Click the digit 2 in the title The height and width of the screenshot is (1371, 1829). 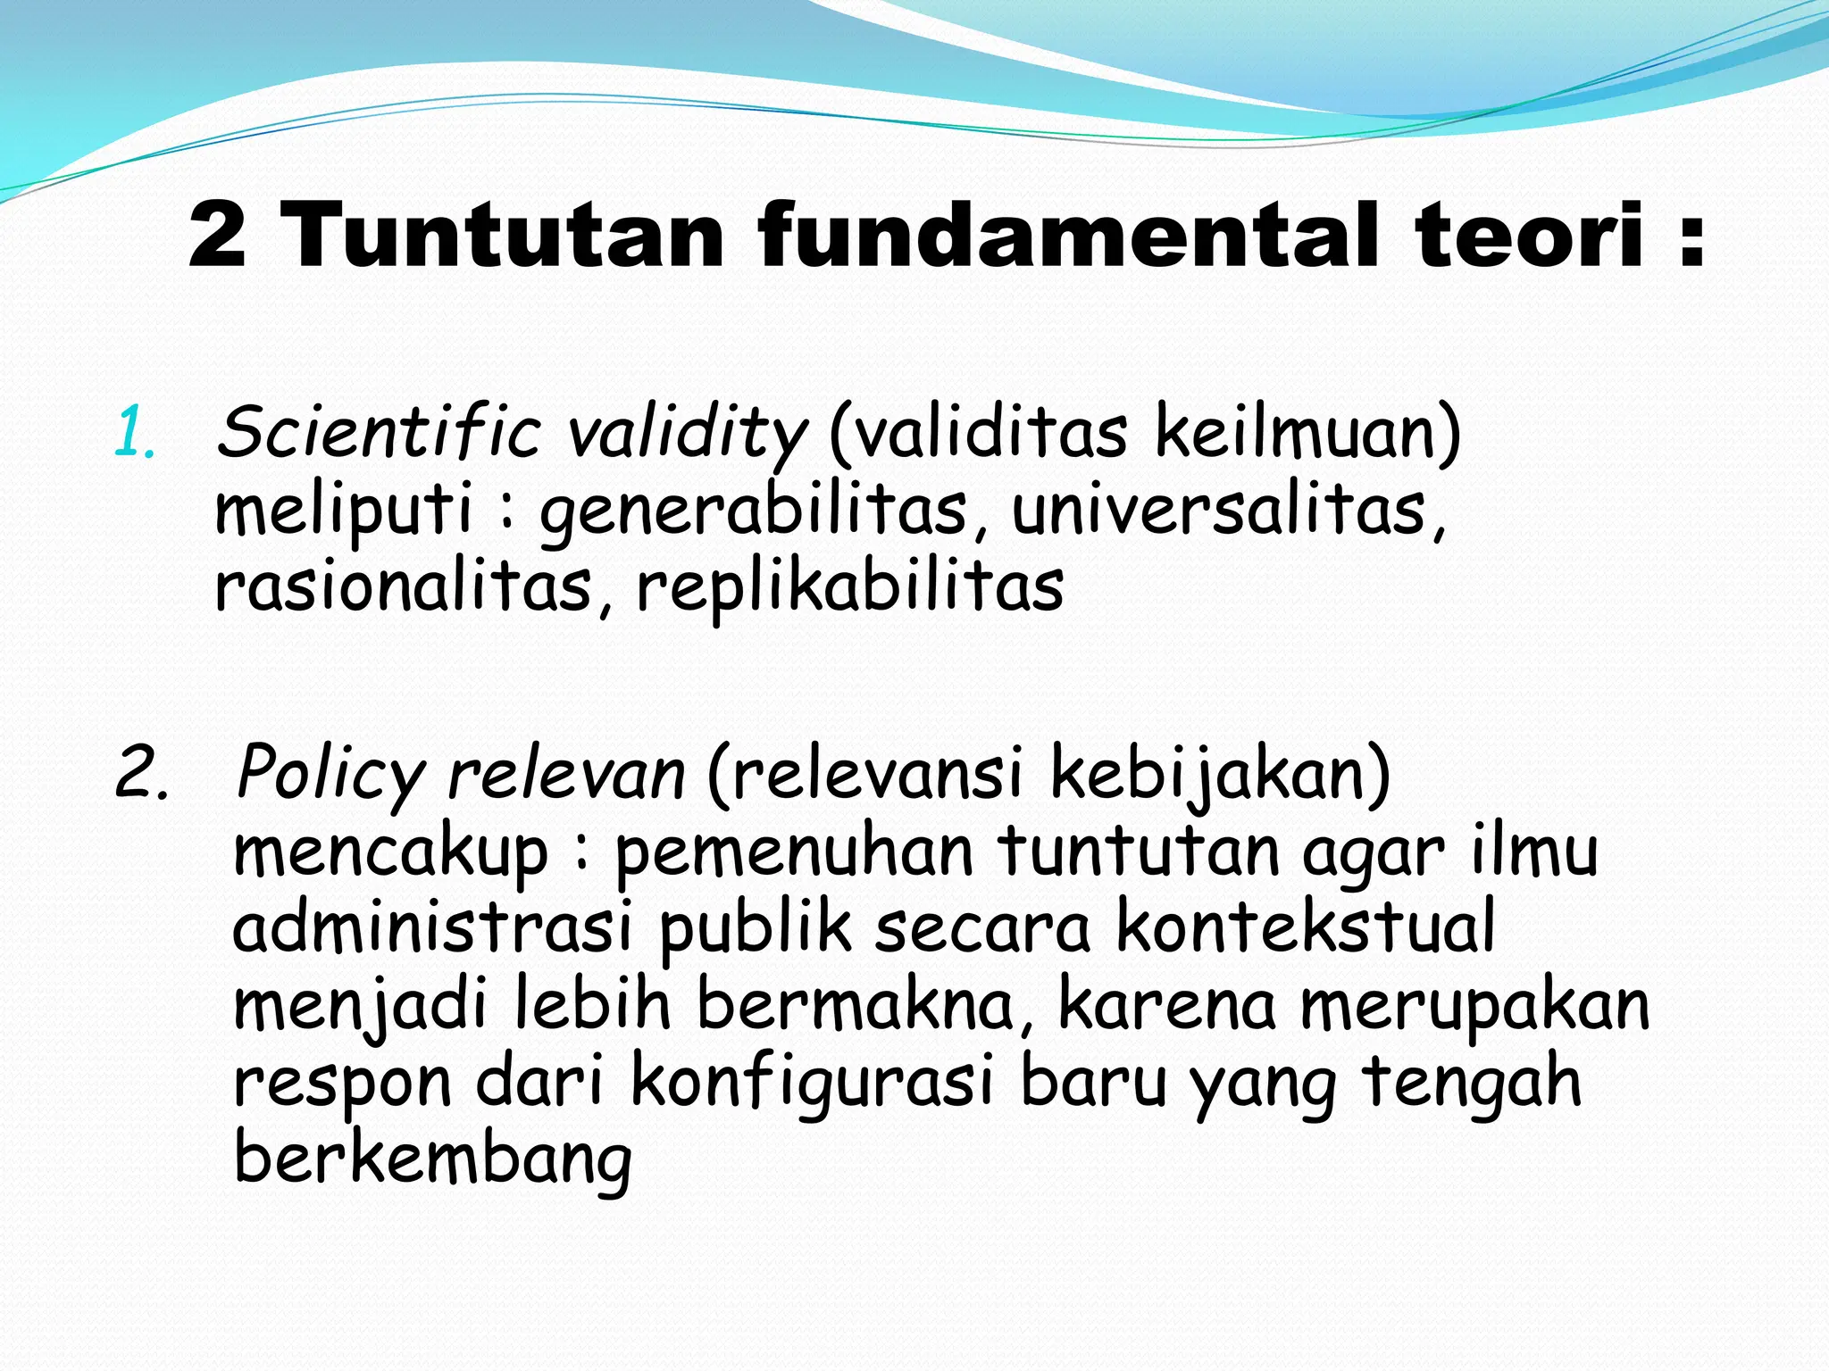pyautogui.click(x=217, y=236)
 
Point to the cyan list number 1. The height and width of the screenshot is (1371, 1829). pyautogui.click(x=134, y=433)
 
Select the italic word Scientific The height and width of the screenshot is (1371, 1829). pyautogui.click(x=379, y=433)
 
